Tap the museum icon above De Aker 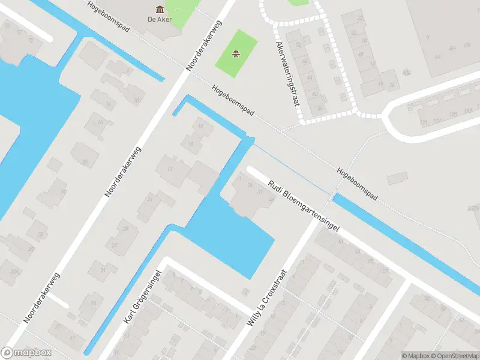tap(160, 8)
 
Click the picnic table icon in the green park tap(236, 55)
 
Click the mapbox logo tap(26, 353)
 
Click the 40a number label tap(407, 73)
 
